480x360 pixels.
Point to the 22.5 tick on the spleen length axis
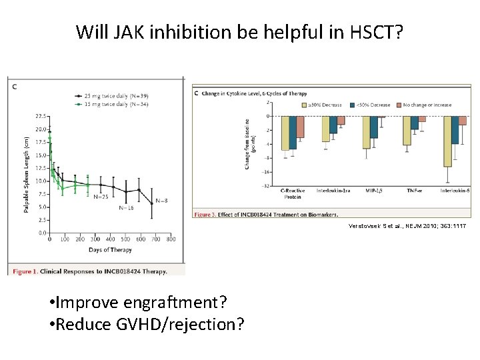point(41,116)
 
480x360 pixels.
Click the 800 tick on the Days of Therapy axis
point(171,239)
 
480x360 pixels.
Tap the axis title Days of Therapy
point(111,249)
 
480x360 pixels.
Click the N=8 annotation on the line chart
point(162,201)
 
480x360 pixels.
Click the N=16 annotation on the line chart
point(127,207)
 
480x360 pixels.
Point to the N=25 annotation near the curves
point(101,197)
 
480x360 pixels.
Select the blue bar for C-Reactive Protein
point(293,133)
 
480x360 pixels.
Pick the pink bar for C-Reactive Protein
point(300,127)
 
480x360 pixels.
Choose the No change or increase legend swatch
point(399,105)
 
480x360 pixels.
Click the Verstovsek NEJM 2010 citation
point(407,227)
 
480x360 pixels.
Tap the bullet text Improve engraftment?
point(138,303)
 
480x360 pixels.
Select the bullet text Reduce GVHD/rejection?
point(146,324)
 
